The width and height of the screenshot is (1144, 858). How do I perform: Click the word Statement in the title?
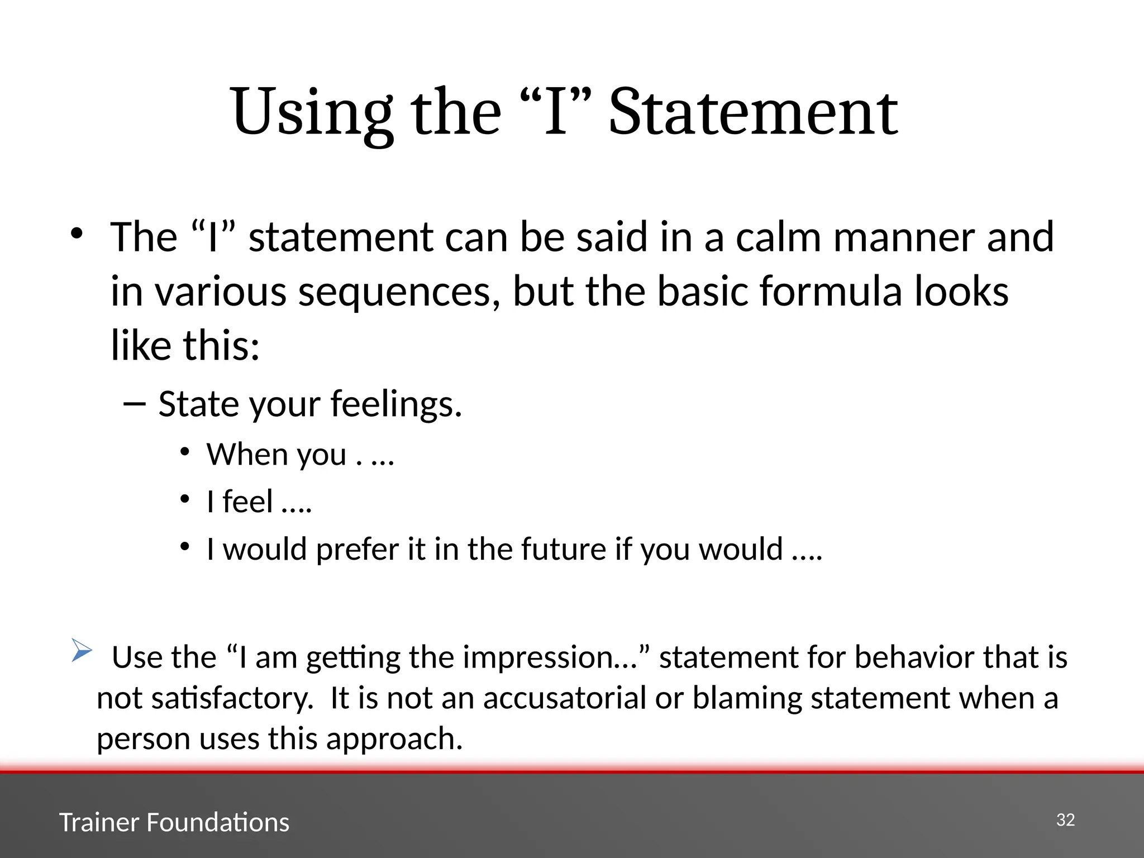753,113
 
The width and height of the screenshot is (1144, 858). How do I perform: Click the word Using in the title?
311,113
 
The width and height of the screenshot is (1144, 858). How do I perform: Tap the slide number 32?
1065,819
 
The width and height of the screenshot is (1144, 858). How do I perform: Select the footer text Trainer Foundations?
174,822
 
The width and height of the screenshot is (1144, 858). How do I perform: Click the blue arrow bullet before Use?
82,650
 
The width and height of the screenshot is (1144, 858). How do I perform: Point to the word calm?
779,237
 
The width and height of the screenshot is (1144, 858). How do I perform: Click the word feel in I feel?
248,501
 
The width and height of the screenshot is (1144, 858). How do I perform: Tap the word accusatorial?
564,698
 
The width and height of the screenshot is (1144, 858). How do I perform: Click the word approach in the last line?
394,739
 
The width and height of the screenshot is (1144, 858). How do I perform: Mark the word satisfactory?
232,698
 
